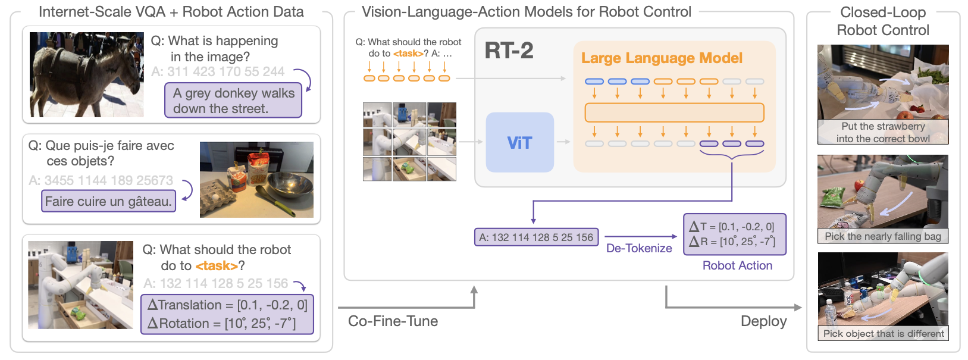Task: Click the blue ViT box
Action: tap(519, 143)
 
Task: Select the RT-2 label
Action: tap(509, 51)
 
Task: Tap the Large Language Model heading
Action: tap(662, 58)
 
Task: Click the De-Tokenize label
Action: tap(639, 248)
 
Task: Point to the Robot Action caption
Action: tap(737, 265)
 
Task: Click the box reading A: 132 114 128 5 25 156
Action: tap(536, 237)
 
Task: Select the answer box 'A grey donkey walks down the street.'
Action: tap(233, 100)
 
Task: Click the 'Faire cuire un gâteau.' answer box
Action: tap(108, 201)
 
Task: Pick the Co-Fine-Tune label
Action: tap(393, 321)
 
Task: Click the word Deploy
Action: tap(763, 321)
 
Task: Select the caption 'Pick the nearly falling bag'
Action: tap(883, 236)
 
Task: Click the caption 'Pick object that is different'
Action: tap(884, 333)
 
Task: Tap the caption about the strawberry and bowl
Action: tap(883, 132)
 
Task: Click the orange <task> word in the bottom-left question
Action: tap(217, 266)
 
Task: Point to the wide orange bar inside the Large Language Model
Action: tap(674, 112)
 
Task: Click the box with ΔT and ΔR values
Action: tap(735, 234)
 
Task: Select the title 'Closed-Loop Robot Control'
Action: tap(883, 21)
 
